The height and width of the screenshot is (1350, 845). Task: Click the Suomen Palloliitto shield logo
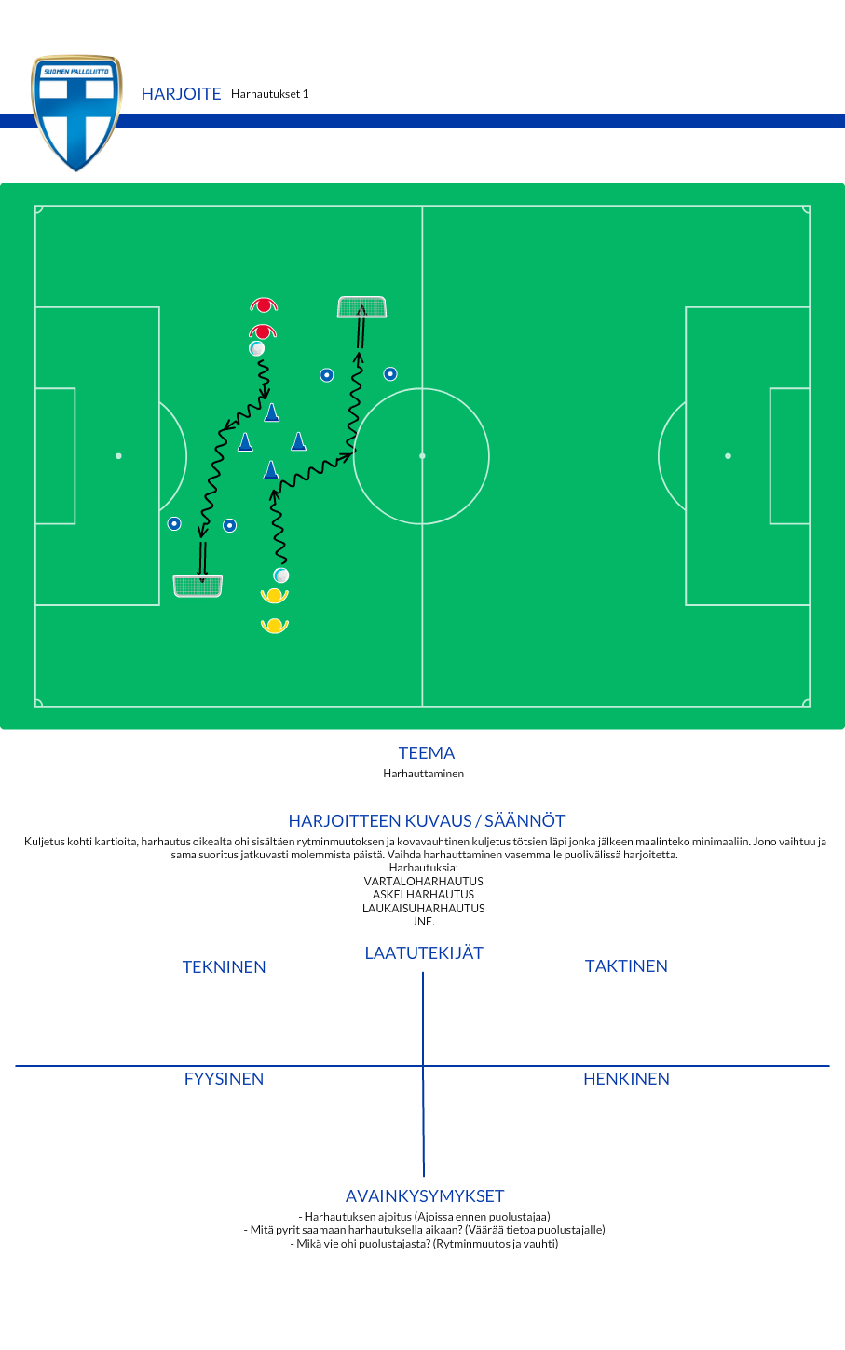coord(76,113)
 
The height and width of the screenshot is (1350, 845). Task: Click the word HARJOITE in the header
coord(181,94)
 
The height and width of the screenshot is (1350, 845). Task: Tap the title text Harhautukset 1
coord(269,94)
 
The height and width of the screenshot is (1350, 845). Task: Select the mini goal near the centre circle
coord(361,306)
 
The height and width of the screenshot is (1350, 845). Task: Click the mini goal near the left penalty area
coord(198,586)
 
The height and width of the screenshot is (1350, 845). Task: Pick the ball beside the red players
coord(257,348)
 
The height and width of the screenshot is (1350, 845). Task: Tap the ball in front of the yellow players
coord(281,575)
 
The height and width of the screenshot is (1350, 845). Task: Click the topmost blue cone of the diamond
coord(272,412)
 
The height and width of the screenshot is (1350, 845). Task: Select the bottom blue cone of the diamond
coord(271,471)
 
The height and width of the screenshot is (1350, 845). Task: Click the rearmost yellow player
coord(275,626)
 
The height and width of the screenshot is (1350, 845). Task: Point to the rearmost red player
coord(264,305)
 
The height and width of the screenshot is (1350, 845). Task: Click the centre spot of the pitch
coord(422,456)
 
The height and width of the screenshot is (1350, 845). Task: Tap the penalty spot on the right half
coord(728,456)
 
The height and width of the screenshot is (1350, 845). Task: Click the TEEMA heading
coord(427,753)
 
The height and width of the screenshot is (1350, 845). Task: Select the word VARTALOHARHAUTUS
coord(423,881)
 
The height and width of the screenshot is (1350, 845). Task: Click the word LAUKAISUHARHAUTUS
coord(423,909)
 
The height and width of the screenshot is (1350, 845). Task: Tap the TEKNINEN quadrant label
coord(224,967)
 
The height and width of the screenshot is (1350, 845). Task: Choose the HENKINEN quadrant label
coord(626,1079)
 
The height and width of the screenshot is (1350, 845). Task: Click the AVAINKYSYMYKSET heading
coord(425,1195)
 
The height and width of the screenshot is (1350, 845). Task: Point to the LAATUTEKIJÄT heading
coord(424,952)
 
